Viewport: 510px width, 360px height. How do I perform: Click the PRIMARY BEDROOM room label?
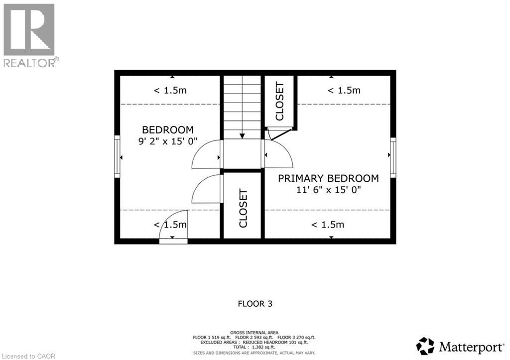(x=328, y=178)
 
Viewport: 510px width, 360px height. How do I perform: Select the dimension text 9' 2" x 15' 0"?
(x=168, y=141)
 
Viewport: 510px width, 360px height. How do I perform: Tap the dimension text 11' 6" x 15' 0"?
(x=328, y=190)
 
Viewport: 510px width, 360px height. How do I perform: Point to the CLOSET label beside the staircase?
(x=279, y=101)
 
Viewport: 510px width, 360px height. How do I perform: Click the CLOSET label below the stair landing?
(x=243, y=208)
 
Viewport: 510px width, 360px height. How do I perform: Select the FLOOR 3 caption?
(x=255, y=303)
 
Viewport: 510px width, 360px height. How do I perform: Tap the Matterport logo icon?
(x=425, y=346)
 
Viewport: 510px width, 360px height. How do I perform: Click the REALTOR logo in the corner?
(x=29, y=35)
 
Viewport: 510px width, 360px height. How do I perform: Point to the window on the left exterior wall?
(x=118, y=156)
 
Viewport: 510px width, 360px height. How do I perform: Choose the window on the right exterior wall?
(x=393, y=156)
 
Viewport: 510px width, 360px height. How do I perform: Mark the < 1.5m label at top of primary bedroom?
(x=344, y=90)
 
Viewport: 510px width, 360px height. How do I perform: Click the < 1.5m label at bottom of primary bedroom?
(x=327, y=225)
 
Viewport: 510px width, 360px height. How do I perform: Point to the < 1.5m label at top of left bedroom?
(x=170, y=90)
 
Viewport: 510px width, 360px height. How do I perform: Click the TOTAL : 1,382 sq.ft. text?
(x=255, y=348)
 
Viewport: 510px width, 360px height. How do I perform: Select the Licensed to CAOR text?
(x=28, y=356)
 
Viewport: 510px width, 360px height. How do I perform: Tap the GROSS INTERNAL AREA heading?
(x=255, y=332)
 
